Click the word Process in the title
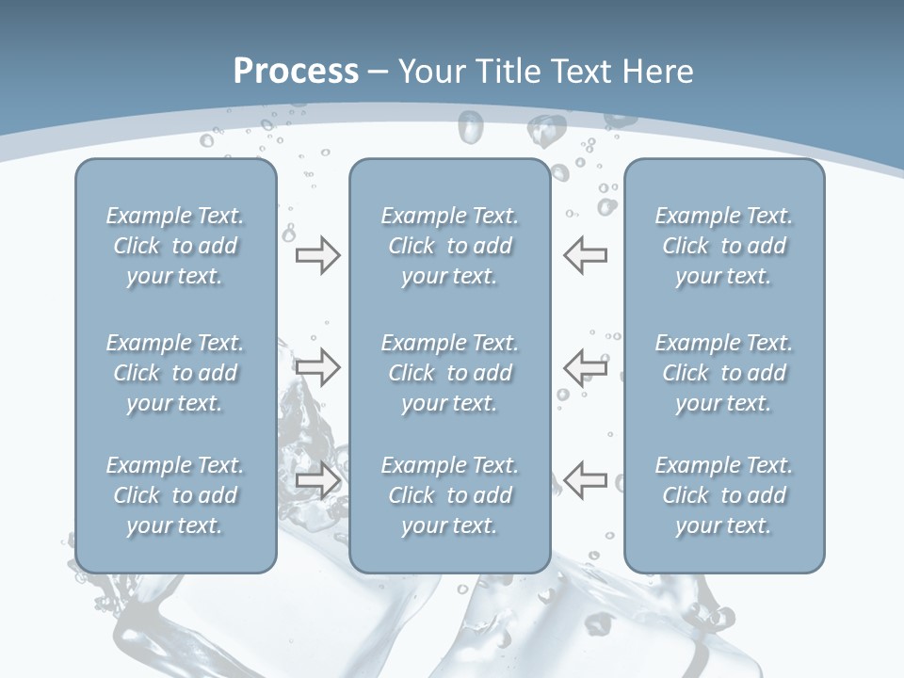click(296, 72)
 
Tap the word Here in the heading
click(659, 72)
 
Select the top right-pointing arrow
click(317, 255)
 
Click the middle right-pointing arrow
click(317, 366)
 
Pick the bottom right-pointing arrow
click(317, 480)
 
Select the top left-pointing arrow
click(586, 255)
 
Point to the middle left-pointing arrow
click(586, 366)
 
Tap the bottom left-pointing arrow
click(586, 480)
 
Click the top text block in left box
click(175, 246)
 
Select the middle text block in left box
click(175, 373)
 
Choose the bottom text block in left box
click(175, 495)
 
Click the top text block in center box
click(449, 246)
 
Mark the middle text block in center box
click(449, 373)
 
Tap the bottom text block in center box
click(449, 495)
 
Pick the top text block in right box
click(724, 246)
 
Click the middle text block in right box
click(724, 373)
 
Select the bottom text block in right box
click(724, 495)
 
